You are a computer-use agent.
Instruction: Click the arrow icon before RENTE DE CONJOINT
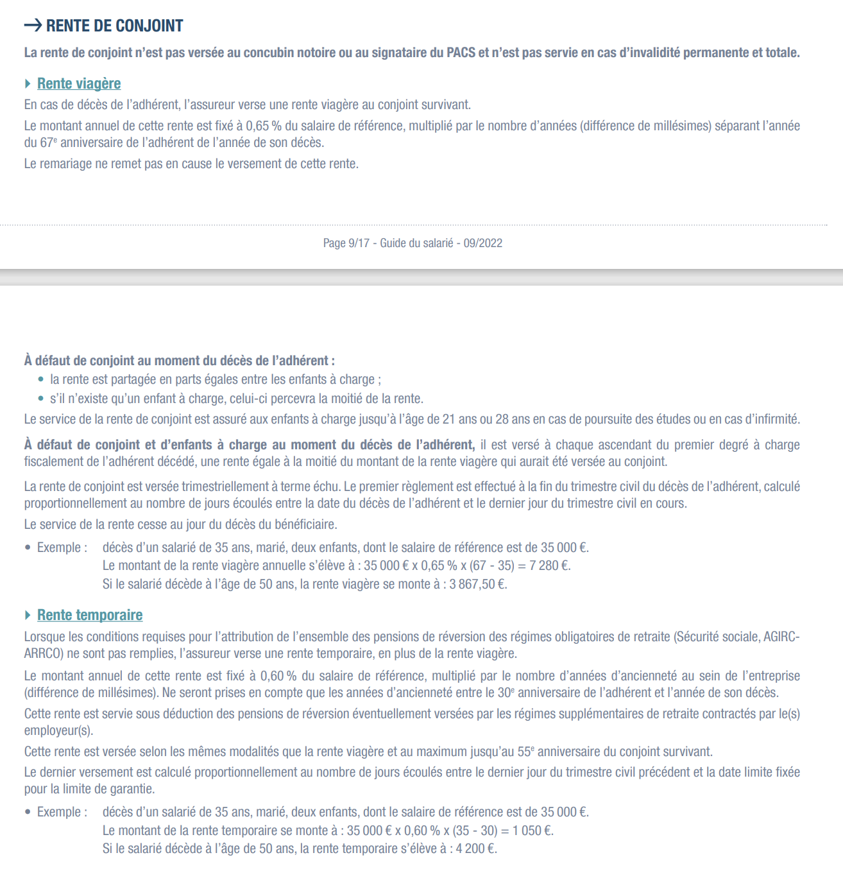[x=33, y=26]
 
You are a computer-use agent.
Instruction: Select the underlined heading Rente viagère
[x=79, y=83]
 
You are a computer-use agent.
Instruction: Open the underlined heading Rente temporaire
[x=90, y=615]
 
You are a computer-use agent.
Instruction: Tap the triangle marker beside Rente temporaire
[x=28, y=615]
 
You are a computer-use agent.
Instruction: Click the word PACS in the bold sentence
[x=461, y=53]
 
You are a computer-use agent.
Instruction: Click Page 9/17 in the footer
[x=346, y=243]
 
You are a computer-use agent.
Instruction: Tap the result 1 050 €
[x=532, y=831]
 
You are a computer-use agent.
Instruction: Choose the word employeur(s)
[x=58, y=730]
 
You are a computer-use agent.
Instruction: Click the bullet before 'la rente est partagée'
[x=41, y=379]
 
